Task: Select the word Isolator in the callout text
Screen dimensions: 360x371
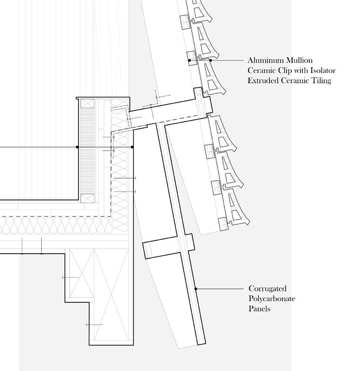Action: pyautogui.click(x=320, y=70)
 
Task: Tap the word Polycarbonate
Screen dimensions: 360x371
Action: pyautogui.click(x=272, y=299)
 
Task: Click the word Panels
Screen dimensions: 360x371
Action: pyautogui.click(x=259, y=308)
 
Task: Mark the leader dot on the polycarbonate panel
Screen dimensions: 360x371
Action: pyautogui.click(x=196, y=288)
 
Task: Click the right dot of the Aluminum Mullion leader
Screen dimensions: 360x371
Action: pyautogui.click(x=211, y=60)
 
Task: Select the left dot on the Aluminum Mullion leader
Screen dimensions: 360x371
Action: pyautogui.click(x=189, y=60)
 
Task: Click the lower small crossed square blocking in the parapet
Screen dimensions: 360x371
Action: pyautogui.click(x=87, y=198)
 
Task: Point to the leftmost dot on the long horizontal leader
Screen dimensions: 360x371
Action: pyautogui.click(x=77, y=147)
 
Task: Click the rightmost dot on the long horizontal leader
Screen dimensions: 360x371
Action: pyautogui.click(x=132, y=147)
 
